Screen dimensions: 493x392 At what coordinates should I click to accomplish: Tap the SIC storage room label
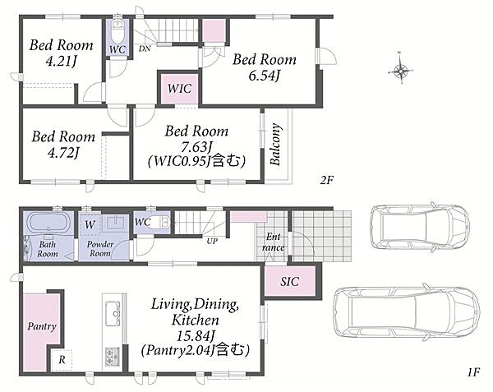(x=289, y=281)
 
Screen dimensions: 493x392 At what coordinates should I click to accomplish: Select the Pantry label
(x=42, y=326)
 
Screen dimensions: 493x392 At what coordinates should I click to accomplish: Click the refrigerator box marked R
(x=62, y=360)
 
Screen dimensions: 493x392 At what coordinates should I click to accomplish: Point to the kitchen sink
(x=113, y=313)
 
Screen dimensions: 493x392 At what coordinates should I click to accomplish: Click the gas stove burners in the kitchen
(x=113, y=357)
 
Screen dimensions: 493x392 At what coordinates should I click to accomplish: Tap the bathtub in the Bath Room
(x=48, y=222)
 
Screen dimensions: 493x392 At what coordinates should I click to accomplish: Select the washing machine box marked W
(x=90, y=224)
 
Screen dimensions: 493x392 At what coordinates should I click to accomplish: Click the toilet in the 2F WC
(x=117, y=30)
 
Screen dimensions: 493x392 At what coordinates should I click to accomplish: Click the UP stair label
(x=212, y=241)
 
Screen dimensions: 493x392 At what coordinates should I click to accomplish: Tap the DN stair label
(x=145, y=48)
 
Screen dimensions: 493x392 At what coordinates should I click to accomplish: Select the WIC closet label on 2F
(x=179, y=88)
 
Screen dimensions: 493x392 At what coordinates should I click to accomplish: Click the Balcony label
(x=275, y=145)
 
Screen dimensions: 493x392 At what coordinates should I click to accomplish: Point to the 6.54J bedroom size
(x=264, y=76)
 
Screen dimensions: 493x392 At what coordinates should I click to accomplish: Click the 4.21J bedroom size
(x=61, y=61)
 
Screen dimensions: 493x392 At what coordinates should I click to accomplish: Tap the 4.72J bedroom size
(x=63, y=153)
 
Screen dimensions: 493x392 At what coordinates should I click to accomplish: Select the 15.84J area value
(x=196, y=337)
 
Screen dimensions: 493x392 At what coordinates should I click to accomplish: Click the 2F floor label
(x=327, y=180)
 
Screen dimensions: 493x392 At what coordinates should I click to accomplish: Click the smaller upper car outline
(x=419, y=227)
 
